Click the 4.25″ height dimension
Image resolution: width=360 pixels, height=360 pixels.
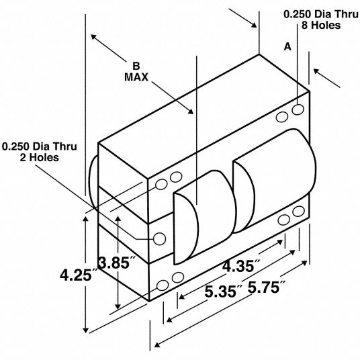pyautogui.click(x=76, y=275)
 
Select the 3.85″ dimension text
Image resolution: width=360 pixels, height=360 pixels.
pyautogui.click(x=116, y=263)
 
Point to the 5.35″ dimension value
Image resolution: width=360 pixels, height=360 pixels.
pyautogui.click(x=224, y=291)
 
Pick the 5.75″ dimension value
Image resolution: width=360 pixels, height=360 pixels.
pyautogui.click(x=267, y=287)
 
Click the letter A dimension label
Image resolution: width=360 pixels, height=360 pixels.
pyautogui.click(x=287, y=47)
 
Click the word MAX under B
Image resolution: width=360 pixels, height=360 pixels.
pyautogui.click(x=136, y=77)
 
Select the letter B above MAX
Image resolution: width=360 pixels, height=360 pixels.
pyautogui.click(x=136, y=66)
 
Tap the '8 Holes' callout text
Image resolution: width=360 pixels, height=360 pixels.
pyautogui.click(x=321, y=25)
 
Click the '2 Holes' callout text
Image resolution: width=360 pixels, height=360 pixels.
pyautogui.click(x=39, y=157)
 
